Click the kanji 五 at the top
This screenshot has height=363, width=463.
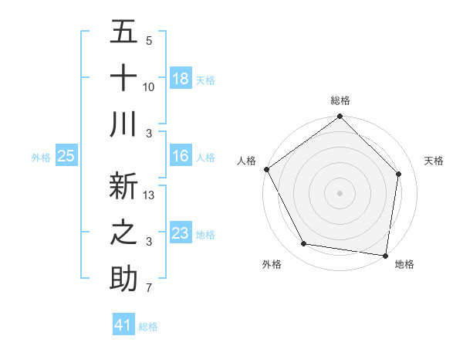(123, 32)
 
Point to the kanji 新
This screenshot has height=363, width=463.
(123, 187)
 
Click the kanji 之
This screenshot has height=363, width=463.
(123, 233)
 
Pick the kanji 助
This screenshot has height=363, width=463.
(123, 279)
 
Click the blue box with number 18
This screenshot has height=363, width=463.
(181, 79)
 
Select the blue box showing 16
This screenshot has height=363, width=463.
(181, 157)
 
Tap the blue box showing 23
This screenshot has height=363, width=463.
(181, 233)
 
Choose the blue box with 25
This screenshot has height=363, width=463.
(66, 157)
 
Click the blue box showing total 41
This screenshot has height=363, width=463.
(123, 325)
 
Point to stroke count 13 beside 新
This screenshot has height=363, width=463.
(150, 195)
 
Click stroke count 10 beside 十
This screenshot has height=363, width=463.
(149, 87)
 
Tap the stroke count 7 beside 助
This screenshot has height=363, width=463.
(148, 289)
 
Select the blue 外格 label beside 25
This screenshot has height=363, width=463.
(41, 158)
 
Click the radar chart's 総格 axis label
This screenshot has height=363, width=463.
(340, 100)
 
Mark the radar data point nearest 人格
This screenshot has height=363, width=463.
(266, 169)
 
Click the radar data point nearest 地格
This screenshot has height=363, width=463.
(385, 255)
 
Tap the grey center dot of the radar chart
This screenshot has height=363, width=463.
(340, 193)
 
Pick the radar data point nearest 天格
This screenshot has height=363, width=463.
(399, 174)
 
